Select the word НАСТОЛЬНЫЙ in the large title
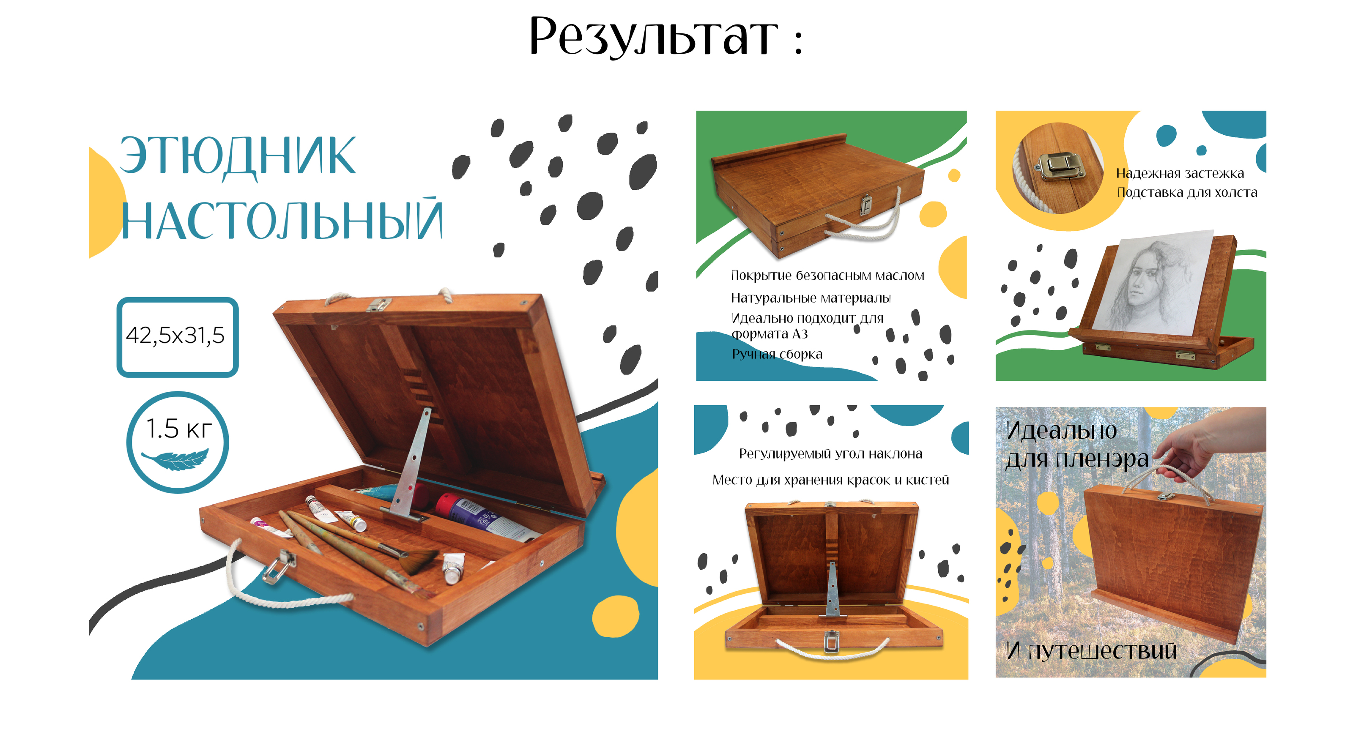(x=282, y=219)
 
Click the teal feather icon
(x=175, y=460)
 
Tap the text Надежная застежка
(x=1180, y=173)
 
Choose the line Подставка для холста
(x=1187, y=193)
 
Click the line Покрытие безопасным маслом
(x=827, y=276)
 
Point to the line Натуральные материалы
(x=811, y=298)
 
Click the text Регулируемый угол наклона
(x=830, y=454)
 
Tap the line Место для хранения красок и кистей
(x=830, y=480)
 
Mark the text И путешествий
(x=1091, y=651)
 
